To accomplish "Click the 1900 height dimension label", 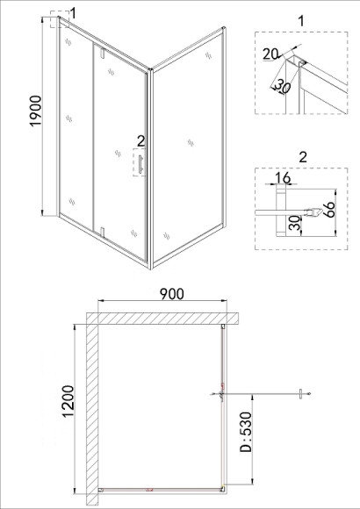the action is tap(36, 111).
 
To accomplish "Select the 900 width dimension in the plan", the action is tap(171, 294).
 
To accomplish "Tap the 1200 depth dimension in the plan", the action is tap(68, 401).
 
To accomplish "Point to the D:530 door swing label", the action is tap(246, 432).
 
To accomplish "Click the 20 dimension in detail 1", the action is tap(270, 54).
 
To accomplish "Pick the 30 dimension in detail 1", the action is tap(282, 87).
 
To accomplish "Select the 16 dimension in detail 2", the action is tap(283, 178).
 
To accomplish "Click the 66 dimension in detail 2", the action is tap(328, 210).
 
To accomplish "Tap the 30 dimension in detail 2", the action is tap(295, 223).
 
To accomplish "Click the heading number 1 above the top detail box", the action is tap(301, 21).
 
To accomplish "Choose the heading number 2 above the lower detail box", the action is tap(303, 157).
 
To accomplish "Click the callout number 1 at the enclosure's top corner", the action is tap(73, 14).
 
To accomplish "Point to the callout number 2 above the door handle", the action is tap(140, 141).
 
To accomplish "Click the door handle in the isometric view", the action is tap(140, 164).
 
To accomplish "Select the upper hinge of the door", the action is tap(102, 53).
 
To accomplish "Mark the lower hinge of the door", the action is tap(102, 232).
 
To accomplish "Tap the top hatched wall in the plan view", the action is tap(162, 318).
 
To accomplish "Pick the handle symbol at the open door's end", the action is tap(301, 394).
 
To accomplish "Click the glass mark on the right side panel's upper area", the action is tap(208, 55).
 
